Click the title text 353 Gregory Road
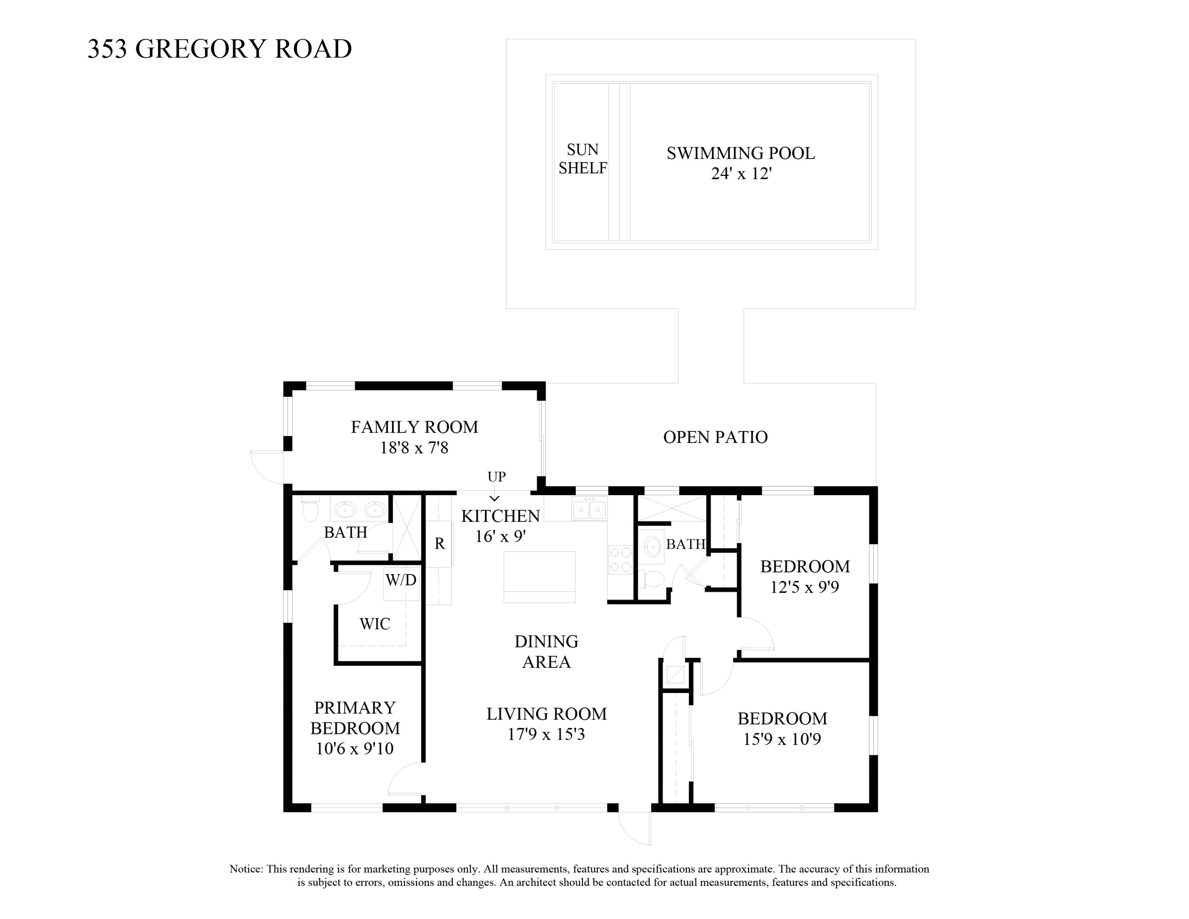tap(220, 49)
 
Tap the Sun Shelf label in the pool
tap(583, 159)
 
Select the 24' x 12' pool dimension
tap(741, 174)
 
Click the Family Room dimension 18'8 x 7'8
tap(414, 448)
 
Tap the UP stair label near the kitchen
tap(496, 477)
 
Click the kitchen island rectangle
tap(539, 576)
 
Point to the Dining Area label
tap(546, 652)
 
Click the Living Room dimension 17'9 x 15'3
tap(546, 734)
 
